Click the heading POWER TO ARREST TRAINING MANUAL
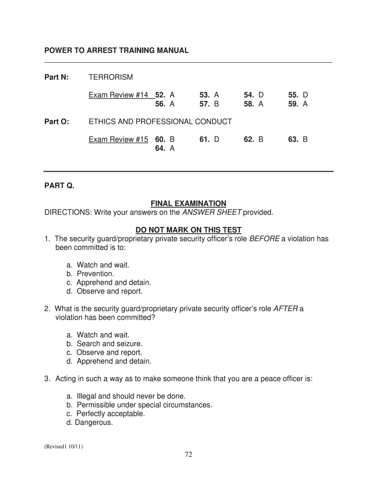(117, 50)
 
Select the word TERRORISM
(111, 77)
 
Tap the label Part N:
(57, 77)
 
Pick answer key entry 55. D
(298, 95)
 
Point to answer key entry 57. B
(209, 104)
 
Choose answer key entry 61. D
(209, 140)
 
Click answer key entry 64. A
(165, 149)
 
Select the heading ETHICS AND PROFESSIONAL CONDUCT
(160, 122)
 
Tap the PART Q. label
(59, 186)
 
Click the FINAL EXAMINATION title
(188, 203)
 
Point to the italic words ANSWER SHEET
(212, 212)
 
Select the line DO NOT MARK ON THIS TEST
(188, 230)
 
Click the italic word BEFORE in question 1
(264, 239)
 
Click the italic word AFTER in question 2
(285, 309)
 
